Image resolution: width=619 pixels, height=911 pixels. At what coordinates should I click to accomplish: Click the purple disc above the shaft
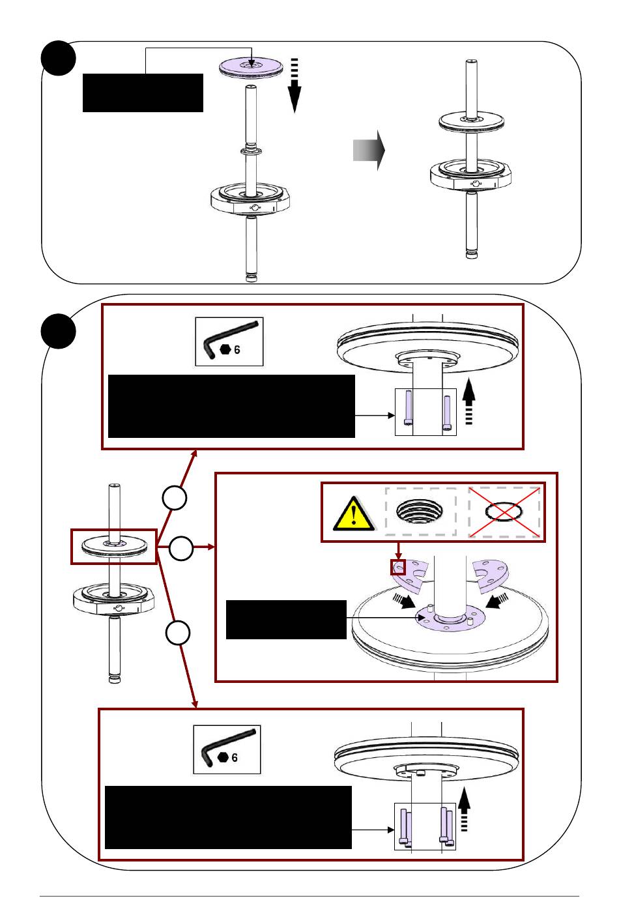[251, 67]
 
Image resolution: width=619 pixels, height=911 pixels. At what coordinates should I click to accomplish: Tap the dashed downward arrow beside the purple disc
[295, 85]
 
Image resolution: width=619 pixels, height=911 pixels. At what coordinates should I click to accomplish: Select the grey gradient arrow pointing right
[369, 150]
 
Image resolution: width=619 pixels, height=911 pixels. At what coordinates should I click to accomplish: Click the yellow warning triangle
[353, 513]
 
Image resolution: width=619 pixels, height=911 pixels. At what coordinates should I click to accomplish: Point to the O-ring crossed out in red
[504, 512]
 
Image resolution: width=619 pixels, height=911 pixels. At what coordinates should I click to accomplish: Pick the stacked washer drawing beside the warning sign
[420, 512]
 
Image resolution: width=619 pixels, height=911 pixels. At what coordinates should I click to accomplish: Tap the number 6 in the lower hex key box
[235, 757]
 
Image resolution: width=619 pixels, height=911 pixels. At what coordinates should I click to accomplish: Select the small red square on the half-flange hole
[398, 567]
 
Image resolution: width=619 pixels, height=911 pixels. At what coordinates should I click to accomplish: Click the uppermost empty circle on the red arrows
[175, 498]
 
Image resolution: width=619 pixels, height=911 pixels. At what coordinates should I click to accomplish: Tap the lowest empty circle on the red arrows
[178, 633]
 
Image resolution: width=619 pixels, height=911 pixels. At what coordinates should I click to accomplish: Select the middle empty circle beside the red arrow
[181, 548]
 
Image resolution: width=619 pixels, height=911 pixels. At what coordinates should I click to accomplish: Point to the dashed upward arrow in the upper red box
[469, 402]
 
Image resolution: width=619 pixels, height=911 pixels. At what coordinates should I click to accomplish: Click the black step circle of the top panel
[58, 58]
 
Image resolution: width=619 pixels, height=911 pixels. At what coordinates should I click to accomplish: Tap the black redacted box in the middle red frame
[286, 620]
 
